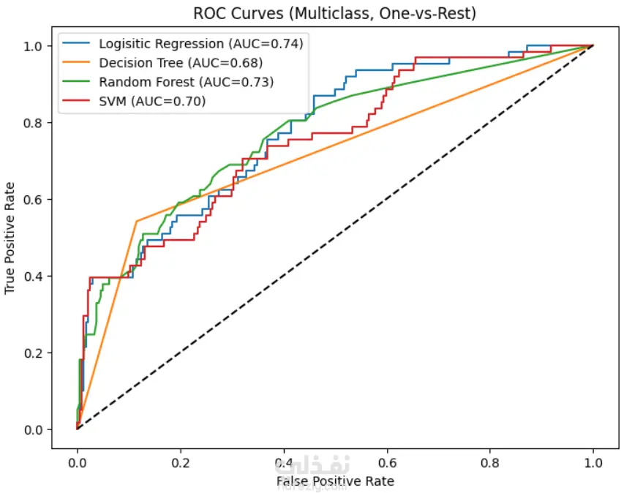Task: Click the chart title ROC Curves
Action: click(x=334, y=12)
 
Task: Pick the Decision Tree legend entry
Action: click(x=180, y=63)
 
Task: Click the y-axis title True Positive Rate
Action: click(x=10, y=238)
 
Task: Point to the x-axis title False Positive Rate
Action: click(x=334, y=481)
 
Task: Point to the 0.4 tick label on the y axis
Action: click(x=34, y=276)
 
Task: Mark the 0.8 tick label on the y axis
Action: click(x=34, y=123)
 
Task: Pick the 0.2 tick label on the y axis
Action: click(x=34, y=353)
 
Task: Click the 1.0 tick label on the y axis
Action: click(x=34, y=46)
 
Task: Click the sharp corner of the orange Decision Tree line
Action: click(x=137, y=221)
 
